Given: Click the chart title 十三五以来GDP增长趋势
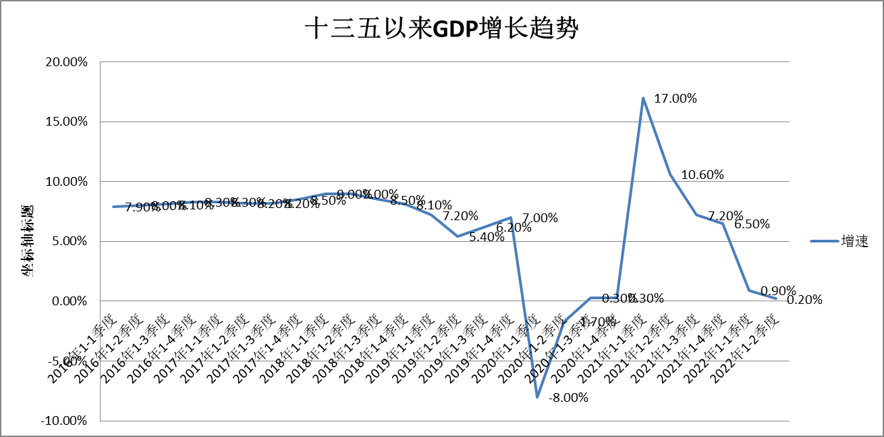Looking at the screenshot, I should [x=441, y=29].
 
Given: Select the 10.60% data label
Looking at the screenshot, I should [x=702, y=175].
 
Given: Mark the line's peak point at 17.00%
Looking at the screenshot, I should [x=643, y=98].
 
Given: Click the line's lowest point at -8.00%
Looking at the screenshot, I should [x=537, y=396].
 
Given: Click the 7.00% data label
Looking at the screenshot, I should [x=541, y=217].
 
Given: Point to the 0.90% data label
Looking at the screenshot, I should [x=778, y=291].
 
